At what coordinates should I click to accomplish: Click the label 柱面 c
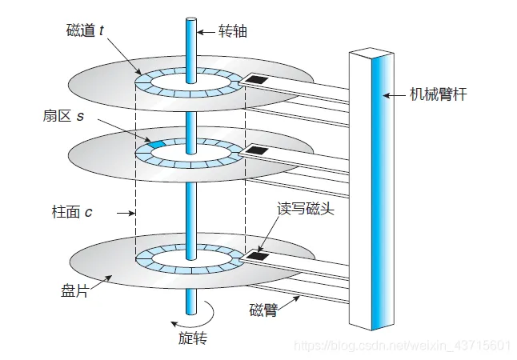pos(71,213)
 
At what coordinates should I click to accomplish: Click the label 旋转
pos(192,338)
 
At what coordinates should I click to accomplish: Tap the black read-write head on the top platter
pos(258,80)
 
